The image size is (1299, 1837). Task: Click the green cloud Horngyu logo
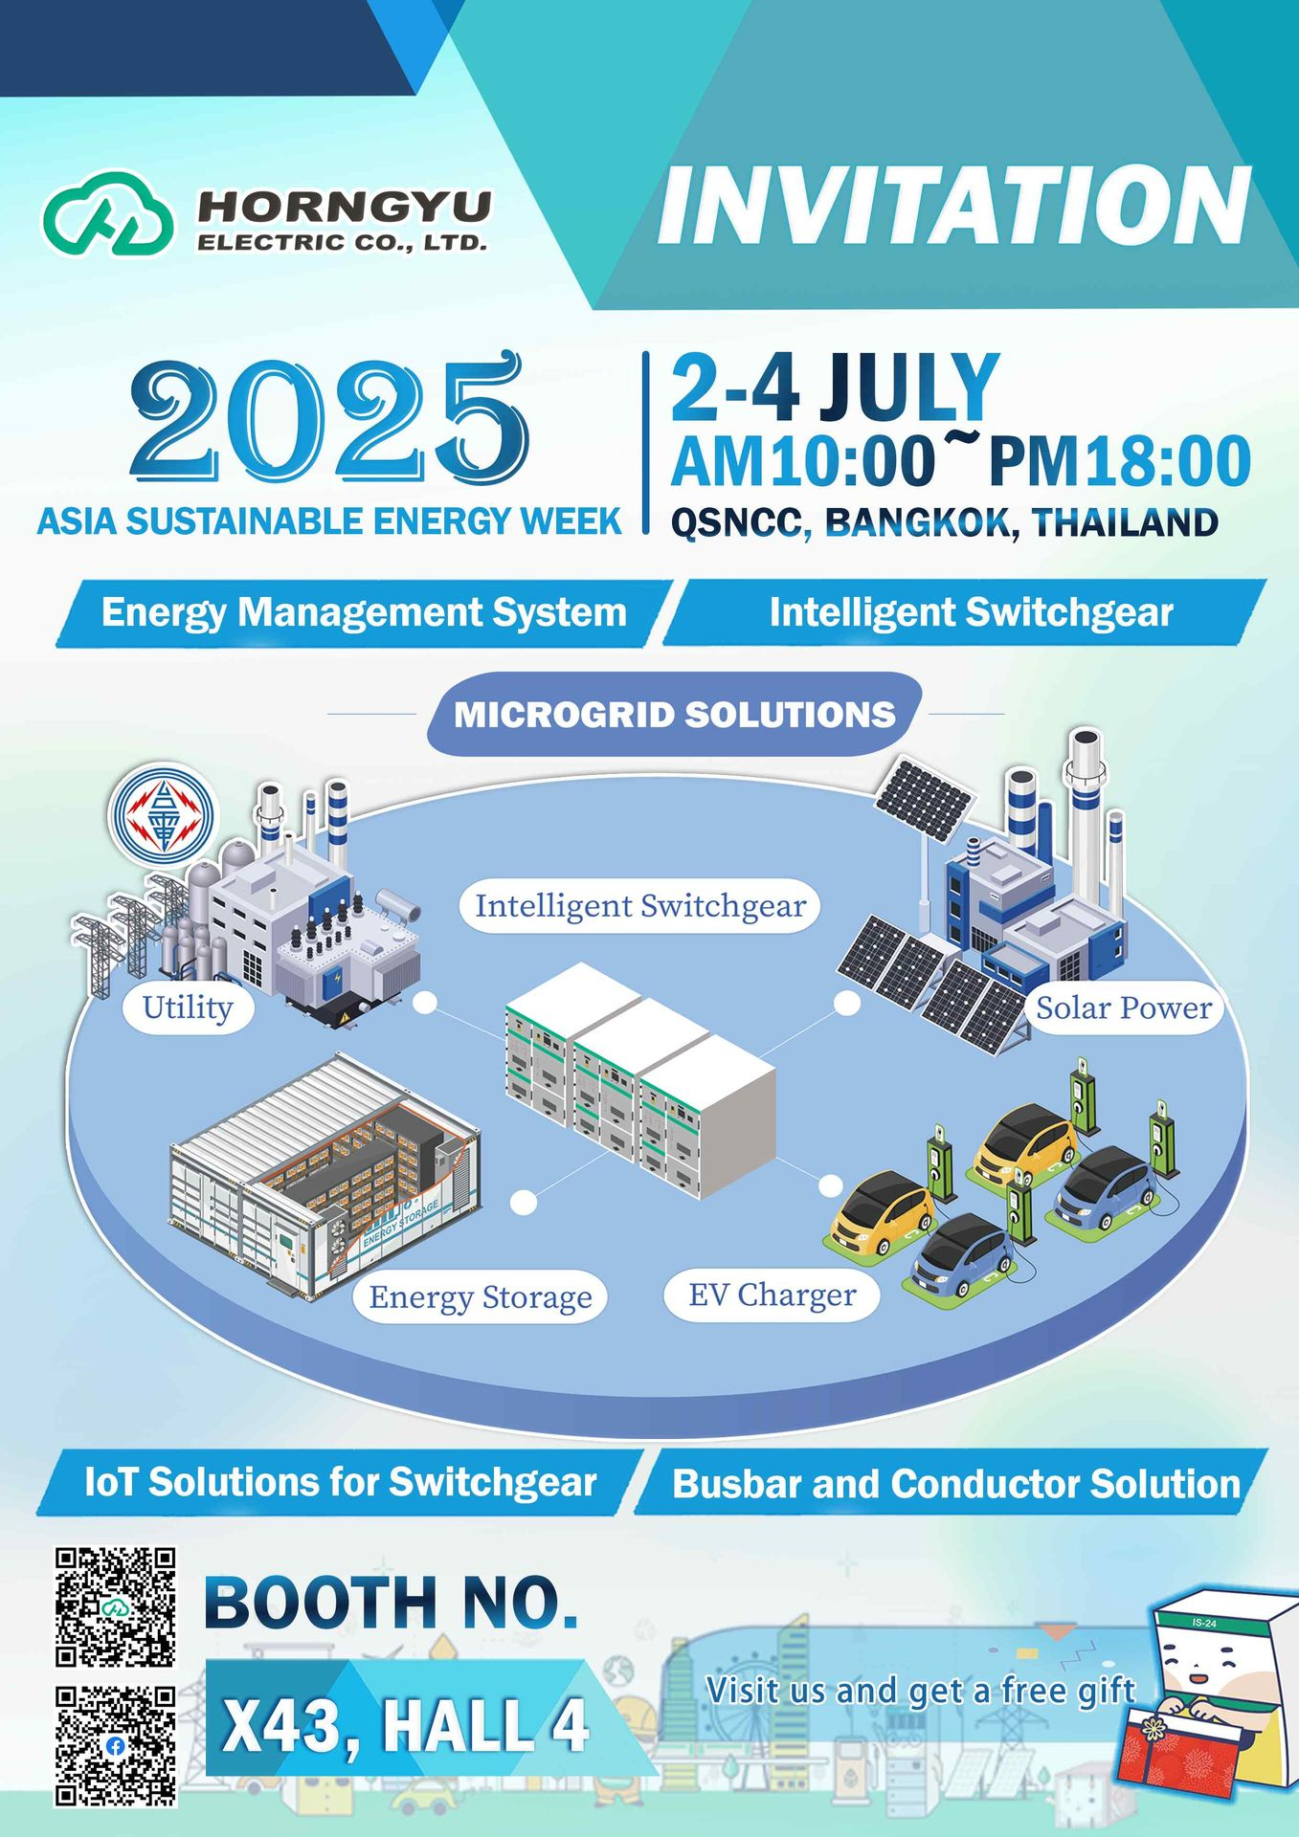coord(107,214)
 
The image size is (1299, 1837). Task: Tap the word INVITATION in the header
coord(954,206)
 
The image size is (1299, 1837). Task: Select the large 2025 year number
coord(329,419)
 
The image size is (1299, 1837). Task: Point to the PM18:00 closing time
coord(1119,462)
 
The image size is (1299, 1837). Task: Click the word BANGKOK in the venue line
coord(916,523)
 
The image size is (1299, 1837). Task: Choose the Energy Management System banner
coord(364,612)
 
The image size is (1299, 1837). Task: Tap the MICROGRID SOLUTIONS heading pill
coord(675,714)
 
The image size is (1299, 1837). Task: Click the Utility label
coord(188,1007)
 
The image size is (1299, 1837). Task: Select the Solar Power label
coord(1124,1007)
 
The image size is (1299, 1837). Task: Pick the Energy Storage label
coord(481,1296)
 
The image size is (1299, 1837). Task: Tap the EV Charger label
coord(773,1295)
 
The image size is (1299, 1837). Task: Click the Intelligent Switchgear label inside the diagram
coord(640,905)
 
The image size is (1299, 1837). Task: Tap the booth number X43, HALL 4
coord(405,1725)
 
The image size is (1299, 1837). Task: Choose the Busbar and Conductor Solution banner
coord(955,1482)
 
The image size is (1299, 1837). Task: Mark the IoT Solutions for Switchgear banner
coord(341,1482)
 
